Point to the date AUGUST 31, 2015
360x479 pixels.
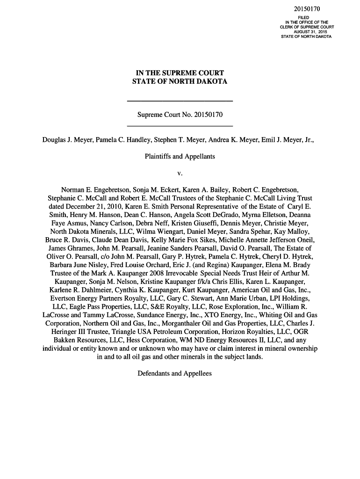[x=306, y=32]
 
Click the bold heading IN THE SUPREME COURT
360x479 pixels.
[x=180, y=73]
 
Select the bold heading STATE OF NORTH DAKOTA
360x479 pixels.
[x=180, y=82]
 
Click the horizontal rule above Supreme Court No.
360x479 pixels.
[x=180, y=101]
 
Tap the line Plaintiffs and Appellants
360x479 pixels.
[x=180, y=156]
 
